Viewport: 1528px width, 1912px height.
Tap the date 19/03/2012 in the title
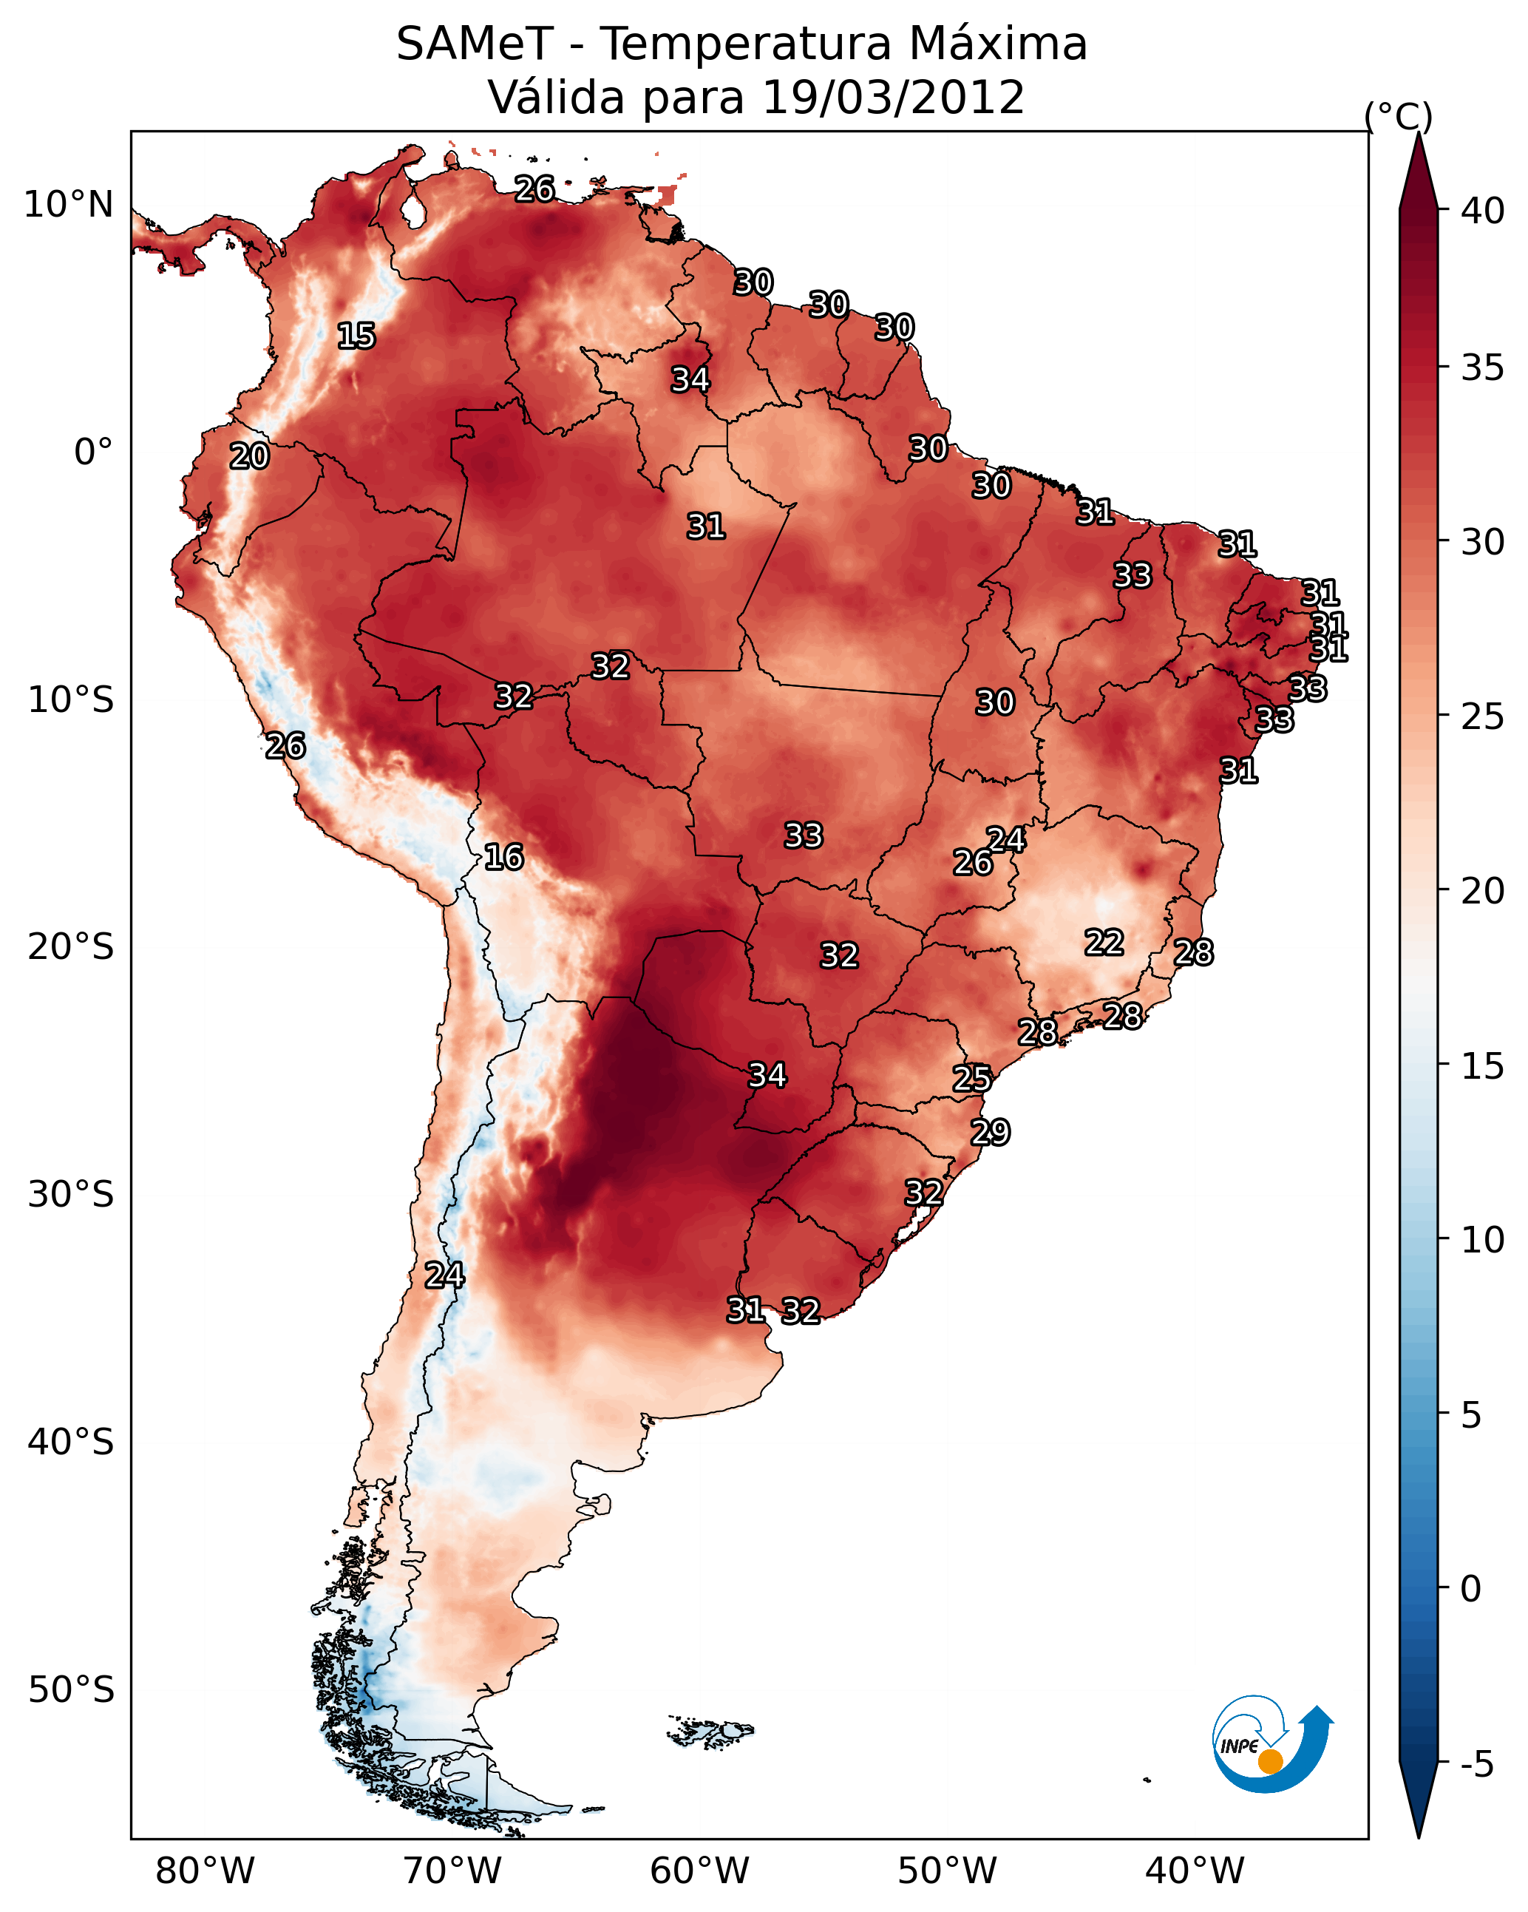[893, 97]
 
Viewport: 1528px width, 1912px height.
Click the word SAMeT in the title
[475, 44]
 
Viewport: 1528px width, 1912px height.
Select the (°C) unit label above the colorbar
[1398, 116]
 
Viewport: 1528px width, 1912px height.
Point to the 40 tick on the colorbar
[1482, 210]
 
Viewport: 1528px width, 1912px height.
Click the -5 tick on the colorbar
[1476, 1764]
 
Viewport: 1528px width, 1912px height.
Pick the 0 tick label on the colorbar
[1470, 1589]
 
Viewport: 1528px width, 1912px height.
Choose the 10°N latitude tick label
[68, 205]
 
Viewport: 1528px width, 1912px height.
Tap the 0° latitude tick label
[93, 452]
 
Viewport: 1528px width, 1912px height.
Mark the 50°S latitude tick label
[71, 1690]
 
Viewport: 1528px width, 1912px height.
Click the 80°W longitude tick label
[205, 1871]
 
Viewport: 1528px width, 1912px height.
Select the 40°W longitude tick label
[1195, 1871]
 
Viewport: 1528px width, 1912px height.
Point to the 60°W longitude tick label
[700, 1871]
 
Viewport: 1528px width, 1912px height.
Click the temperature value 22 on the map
[1104, 942]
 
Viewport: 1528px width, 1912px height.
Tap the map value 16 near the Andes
[503, 857]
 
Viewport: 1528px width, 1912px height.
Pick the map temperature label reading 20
[249, 456]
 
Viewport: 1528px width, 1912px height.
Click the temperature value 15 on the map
[356, 336]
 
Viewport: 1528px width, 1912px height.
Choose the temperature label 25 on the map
[972, 1079]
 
